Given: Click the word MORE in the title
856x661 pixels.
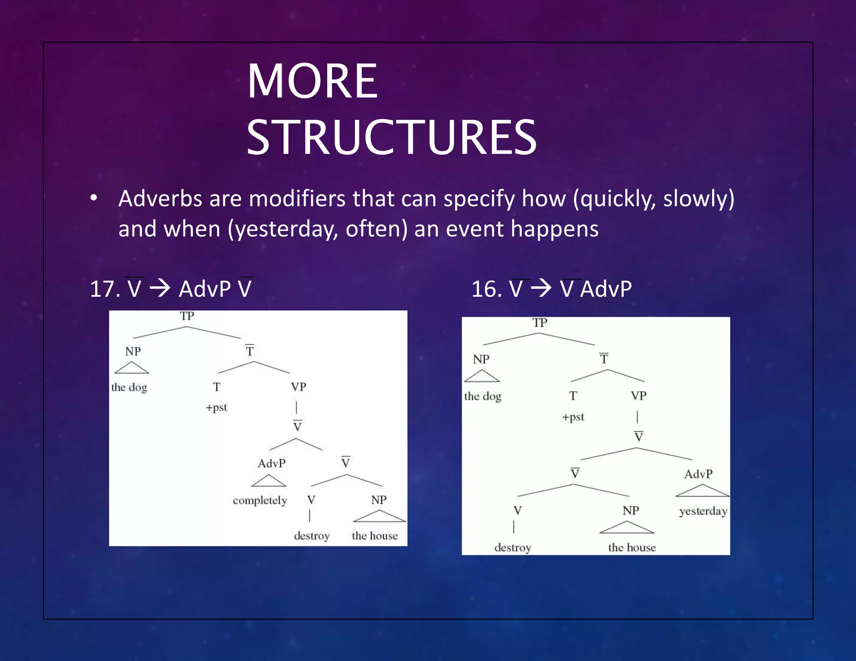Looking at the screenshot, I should pyautogui.click(x=313, y=81).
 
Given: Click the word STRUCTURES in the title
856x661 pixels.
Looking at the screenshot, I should pyautogui.click(x=391, y=137).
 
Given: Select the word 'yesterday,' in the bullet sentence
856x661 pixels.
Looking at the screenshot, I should pyautogui.click(x=283, y=229).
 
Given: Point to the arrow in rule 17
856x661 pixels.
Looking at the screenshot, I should pyautogui.click(x=160, y=288).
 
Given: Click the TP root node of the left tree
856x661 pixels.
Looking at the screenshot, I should pyautogui.click(x=187, y=316).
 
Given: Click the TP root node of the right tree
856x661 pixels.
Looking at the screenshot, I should pyautogui.click(x=540, y=323).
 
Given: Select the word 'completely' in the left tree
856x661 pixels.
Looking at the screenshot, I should pyautogui.click(x=260, y=501).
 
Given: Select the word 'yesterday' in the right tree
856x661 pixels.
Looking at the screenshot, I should pyautogui.click(x=703, y=511).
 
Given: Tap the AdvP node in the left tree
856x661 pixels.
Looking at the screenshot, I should pyautogui.click(x=272, y=463).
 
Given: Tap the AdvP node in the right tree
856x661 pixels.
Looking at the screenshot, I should pyautogui.click(x=698, y=474).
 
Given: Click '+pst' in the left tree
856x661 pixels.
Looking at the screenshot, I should pyautogui.click(x=217, y=407).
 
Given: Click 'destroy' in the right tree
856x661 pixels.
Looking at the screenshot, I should pyautogui.click(x=513, y=547).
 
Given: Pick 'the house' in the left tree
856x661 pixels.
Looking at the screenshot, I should pyautogui.click(x=374, y=536).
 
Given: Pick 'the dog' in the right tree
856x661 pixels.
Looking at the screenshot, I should pyautogui.click(x=483, y=396).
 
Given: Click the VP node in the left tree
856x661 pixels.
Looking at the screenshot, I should pyautogui.click(x=298, y=387).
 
